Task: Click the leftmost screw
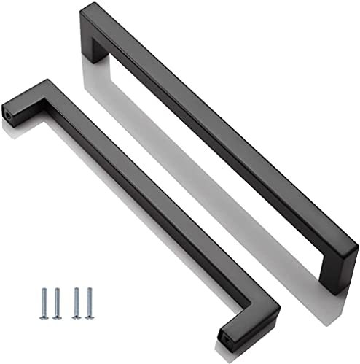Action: pyautogui.click(x=44, y=302)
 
